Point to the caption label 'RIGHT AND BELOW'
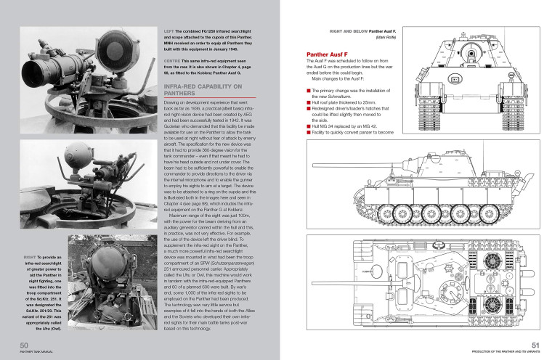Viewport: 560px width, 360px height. (332, 32)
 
